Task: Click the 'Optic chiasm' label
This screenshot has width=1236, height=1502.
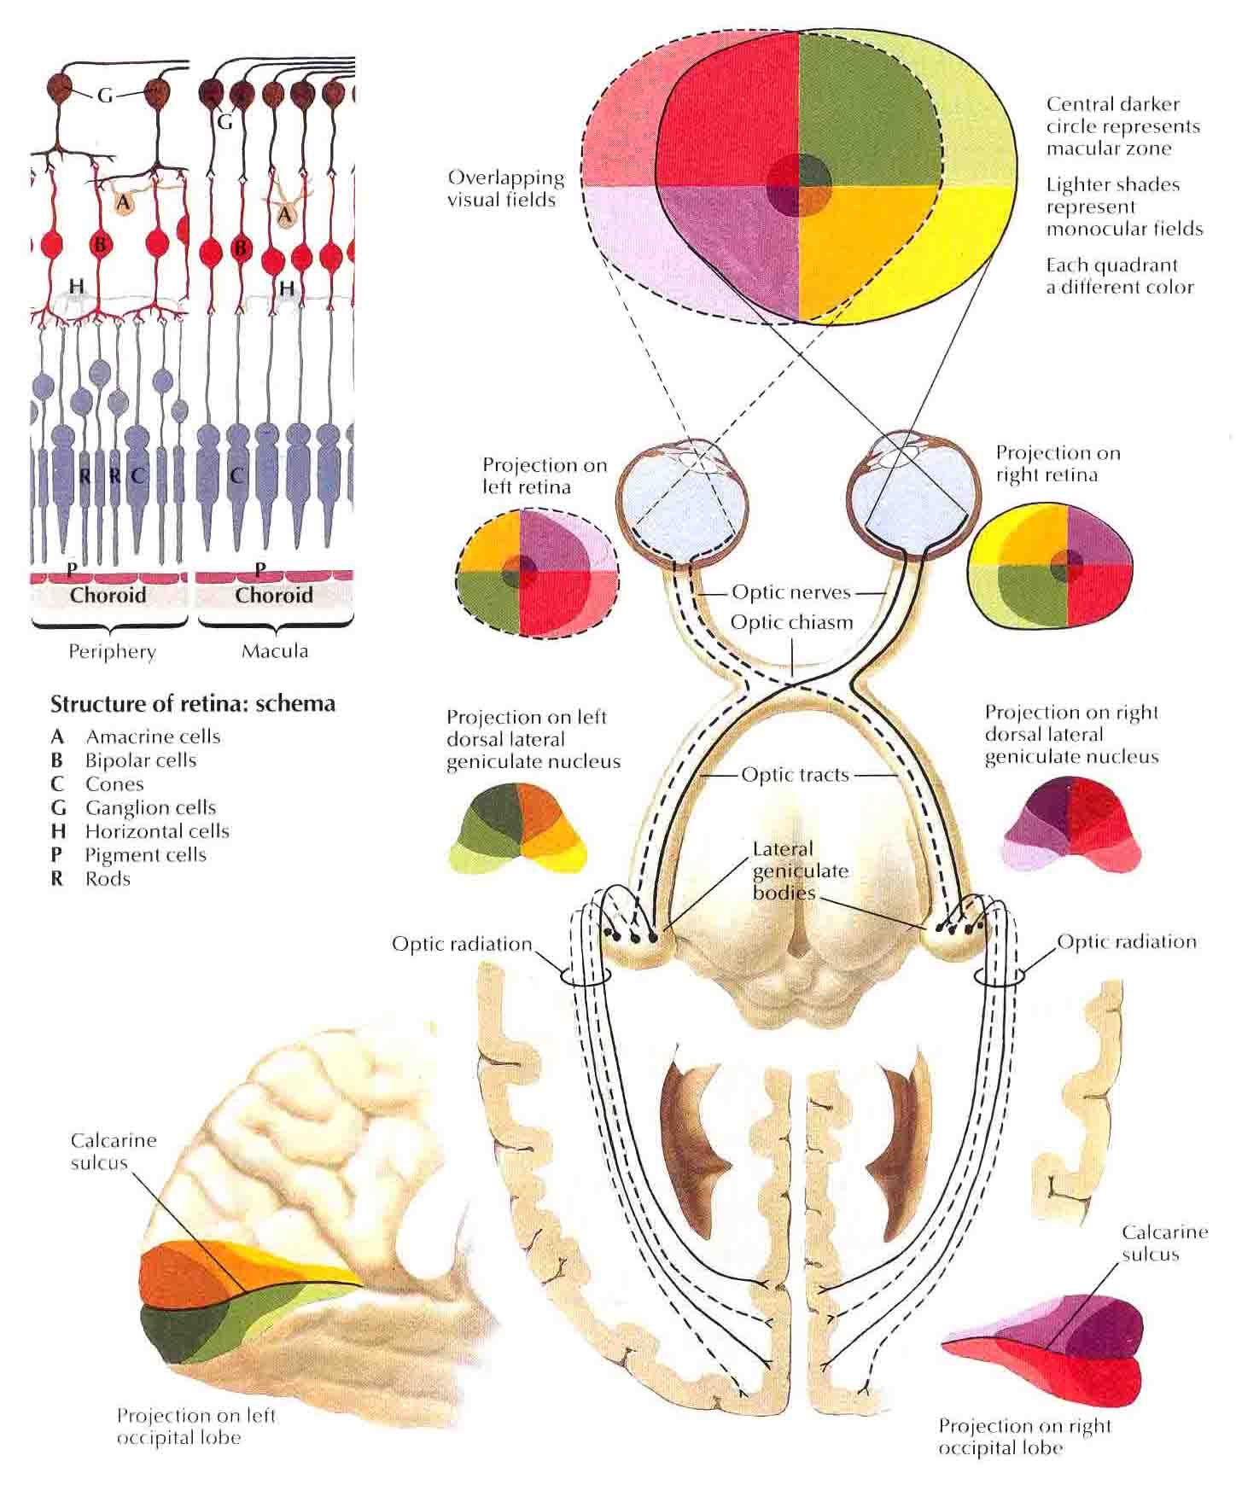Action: tap(791, 622)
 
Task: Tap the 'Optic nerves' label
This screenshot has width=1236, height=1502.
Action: tap(791, 591)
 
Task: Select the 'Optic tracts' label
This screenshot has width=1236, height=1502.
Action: tap(795, 775)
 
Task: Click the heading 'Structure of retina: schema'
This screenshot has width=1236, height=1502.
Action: tap(193, 704)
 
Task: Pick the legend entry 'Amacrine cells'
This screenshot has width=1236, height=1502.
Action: tap(153, 736)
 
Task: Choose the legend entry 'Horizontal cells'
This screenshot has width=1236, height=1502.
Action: tap(157, 831)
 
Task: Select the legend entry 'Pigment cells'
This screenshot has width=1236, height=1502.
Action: tap(146, 855)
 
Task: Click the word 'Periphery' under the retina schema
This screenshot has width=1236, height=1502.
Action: tap(112, 653)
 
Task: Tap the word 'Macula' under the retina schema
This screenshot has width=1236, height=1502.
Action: tap(275, 651)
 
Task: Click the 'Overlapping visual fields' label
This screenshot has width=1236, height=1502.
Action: tap(506, 189)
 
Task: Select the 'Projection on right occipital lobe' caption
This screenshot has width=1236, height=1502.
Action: tap(1025, 1436)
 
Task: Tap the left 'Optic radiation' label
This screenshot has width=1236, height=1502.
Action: tap(462, 944)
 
